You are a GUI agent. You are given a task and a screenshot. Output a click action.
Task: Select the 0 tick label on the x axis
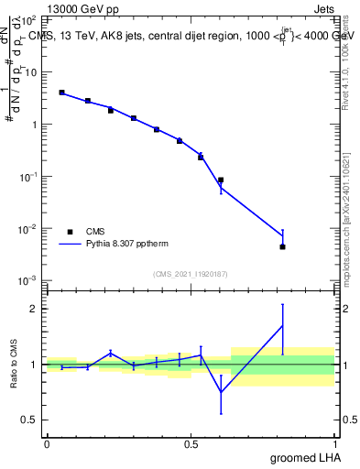[x=47, y=443]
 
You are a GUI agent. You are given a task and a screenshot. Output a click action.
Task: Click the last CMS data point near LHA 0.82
[x=282, y=246]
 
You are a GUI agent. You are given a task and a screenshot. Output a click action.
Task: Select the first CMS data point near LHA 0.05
[x=61, y=93]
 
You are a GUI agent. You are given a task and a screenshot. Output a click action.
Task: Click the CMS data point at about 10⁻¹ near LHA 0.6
[x=221, y=180]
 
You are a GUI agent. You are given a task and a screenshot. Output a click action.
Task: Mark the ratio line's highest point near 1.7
[x=282, y=325]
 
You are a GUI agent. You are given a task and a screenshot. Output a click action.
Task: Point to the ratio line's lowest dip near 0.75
[x=221, y=392]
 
